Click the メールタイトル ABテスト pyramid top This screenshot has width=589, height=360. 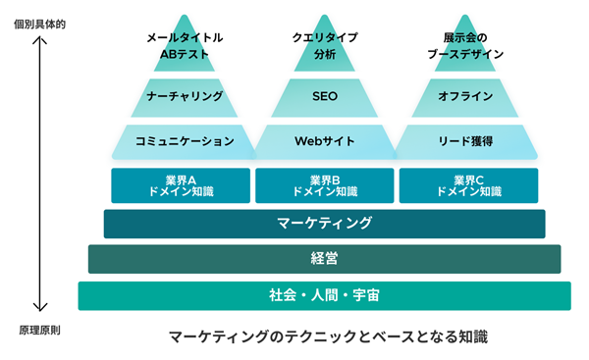185,46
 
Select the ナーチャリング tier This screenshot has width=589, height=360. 185,97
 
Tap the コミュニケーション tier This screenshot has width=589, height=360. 185,140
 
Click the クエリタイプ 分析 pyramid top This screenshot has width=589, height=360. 325,46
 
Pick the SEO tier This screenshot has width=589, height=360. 325,97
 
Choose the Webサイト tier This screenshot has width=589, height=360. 325,140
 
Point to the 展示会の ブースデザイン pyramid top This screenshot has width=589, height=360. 466,46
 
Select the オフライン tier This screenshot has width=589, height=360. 466,97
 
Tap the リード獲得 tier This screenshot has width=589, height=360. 466,140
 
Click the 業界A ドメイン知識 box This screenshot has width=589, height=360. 181,185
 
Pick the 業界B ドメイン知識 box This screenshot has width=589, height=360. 324,185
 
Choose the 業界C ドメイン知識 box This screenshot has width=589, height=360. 468,185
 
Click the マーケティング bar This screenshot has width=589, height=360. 324,223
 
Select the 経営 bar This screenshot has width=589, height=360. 324,259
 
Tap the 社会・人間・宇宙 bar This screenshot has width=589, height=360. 324,295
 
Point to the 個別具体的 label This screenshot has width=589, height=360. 38,22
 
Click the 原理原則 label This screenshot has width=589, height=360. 38,330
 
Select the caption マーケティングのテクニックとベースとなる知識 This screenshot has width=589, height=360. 324,336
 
